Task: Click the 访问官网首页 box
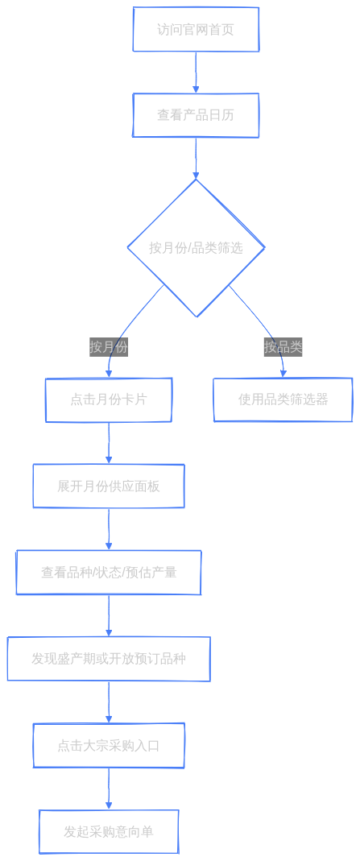pyautogui.click(x=196, y=30)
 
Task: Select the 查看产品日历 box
pyautogui.click(x=196, y=115)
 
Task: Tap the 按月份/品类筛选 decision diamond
pyautogui.click(x=196, y=247)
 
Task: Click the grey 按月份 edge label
pyautogui.click(x=109, y=347)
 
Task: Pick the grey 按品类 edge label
pyautogui.click(x=283, y=347)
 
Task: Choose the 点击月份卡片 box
pyautogui.click(x=109, y=399)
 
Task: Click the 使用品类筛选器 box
pyautogui.click(x=283, y=399)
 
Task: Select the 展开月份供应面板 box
pyautogui.click(x=109, y=486)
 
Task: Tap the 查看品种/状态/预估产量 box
pyautogui.click(x=109, y=572)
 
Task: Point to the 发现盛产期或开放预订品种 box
pyautogui.click(x=109, y=659)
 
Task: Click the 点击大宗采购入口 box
pyautogui.click(x=109, y=746)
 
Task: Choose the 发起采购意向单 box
pyautogui.click(x=109, y=832)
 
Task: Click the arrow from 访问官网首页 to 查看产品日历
pyautogui.click(x=196, y=72)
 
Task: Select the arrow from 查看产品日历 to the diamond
pyautogui.click(x=196, y=158)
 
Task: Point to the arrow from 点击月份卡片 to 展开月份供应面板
pyautogui.click(x=109, y=443)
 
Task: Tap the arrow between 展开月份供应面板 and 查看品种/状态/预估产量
pyautogui.click(x=109, y=529)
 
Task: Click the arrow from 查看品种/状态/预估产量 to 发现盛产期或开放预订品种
pyautogui.click(x=109, y=615)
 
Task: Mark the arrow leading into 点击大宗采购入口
pyautogui.click(x=109, y=702)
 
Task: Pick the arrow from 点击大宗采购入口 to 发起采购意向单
pyautogui.click(x=109, y=789)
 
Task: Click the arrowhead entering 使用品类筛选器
pyautogui.click(x=283, y=374)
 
